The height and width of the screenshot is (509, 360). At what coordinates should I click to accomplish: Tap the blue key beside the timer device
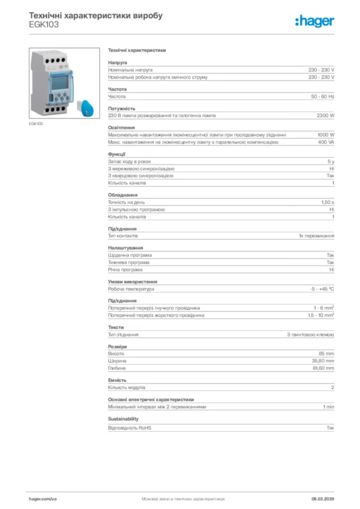pyautogui.click(x=85, y=107)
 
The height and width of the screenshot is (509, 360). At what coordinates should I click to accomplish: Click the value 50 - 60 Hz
pyautogui.click(x=323, y=96)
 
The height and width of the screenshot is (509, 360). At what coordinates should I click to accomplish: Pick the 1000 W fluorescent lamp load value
pyautogui.click(x=326, y=135)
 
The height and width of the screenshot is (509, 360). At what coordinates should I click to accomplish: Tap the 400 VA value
pyautogui.click(x=326, y=142)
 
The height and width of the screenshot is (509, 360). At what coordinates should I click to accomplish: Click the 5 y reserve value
pyautogui.click(x=331, y=162)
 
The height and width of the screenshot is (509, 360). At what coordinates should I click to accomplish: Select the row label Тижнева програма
pyautogui.click(x=129, y=262)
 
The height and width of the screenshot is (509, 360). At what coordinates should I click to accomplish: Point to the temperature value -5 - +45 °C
pyautogui.click(x=322, y=289)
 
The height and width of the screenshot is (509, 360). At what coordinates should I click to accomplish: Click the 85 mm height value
pyautogui.click(x=326, y=353)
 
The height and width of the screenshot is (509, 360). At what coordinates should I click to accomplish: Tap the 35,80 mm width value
pyautogui.click(x=323, y=361)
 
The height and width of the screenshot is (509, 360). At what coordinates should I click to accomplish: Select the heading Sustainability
pyautogui.click(x=123, y=419)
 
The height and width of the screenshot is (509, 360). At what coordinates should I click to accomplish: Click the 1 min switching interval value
pyautogui.click(x=328, y=407)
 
